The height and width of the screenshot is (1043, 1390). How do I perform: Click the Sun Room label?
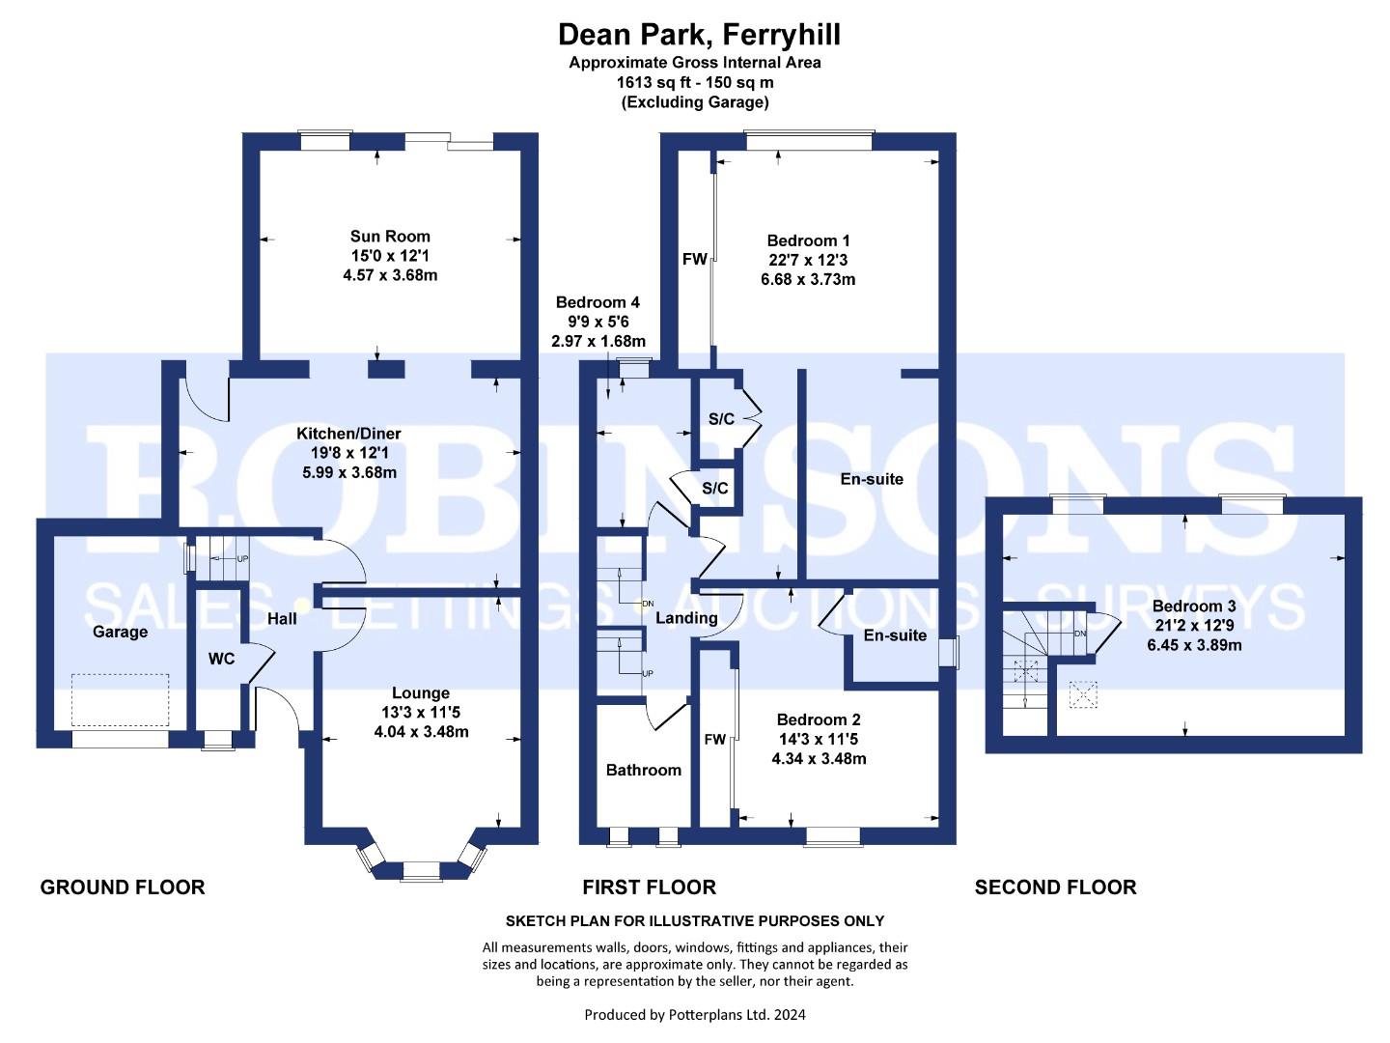pos(390,237)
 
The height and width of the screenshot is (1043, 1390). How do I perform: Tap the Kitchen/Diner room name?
pos(348,434)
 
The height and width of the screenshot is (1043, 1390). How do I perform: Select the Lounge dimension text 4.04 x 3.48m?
pos(421,731)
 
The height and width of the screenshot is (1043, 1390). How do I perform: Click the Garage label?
pos(121,632)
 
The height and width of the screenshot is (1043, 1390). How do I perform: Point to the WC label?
pos(222,659)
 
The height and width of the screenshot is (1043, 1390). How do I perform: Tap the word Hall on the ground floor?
pos(282,619)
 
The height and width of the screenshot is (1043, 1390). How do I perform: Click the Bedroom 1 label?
pos(808,240)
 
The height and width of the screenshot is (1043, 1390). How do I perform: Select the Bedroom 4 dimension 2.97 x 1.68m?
pos(598,341)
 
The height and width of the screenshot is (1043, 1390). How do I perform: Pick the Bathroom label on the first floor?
pos(644,770)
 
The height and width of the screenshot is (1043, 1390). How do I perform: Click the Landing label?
pos(686,618)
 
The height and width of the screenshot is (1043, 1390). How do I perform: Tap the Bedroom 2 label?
pos(819,719)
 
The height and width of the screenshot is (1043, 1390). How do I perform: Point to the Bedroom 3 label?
pos(1194,606)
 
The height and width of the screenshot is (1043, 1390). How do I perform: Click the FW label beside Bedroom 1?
pos(695,259)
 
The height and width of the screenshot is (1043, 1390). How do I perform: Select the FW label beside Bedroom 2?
pos(715,739)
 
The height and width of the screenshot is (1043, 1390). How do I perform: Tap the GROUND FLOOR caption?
pos(123,888)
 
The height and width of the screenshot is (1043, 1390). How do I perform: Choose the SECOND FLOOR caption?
pos(1056,888)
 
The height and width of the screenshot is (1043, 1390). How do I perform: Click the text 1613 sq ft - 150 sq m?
pos(695,82)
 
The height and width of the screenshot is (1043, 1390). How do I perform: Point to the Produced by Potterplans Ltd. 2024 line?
pos(695,1015)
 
